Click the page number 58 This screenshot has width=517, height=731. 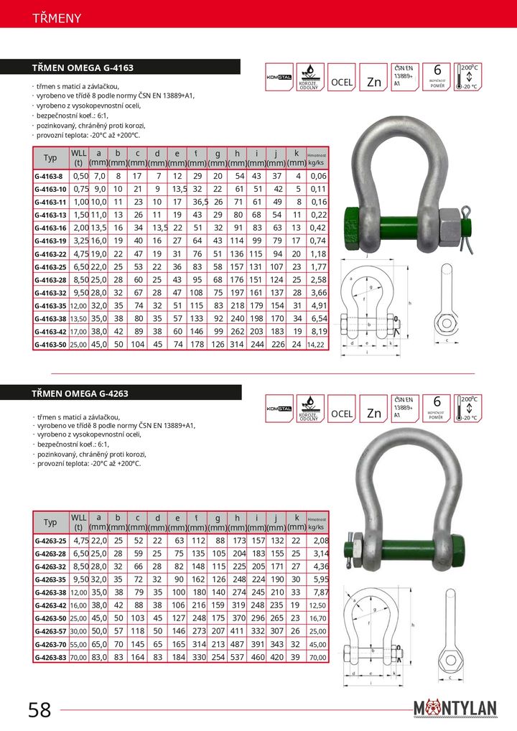click(x=39, y=710)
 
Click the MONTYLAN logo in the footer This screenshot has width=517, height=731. click(x=455, y=708)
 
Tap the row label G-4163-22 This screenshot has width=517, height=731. click(x=50, y=253)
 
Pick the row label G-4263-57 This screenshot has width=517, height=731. click(x=50, y=631)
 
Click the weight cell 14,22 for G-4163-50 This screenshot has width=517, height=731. click(x=317, y=344)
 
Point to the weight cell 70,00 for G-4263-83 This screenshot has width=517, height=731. click(x=317, y=657)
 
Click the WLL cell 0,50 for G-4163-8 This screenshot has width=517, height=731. click(x=80, y=176)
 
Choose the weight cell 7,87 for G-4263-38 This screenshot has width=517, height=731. click(x=320, y=592)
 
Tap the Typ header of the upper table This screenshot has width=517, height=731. click(x=50, y=158)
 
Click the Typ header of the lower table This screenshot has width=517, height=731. click(x=50, y=522)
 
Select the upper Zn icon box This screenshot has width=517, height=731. click(x=373, y=81)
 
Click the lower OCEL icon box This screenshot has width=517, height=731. click(x=342, y=413)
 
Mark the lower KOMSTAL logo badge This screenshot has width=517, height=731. click(x=279, y=409)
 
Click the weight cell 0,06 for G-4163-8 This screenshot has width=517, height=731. click(x=317, y=176)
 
